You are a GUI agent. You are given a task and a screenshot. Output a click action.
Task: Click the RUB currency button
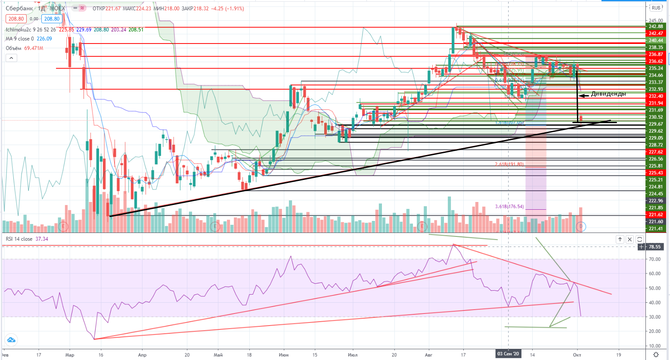point(656,8)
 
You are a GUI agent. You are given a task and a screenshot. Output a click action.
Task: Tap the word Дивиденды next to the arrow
point(608,94)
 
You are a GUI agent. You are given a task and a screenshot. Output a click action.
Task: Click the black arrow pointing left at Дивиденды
point(584,95)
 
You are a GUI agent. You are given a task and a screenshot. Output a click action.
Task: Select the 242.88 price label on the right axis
point(656,26)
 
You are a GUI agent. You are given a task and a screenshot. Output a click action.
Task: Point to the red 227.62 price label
point(656,152)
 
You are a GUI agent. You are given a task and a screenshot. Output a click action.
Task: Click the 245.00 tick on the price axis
point(655,21)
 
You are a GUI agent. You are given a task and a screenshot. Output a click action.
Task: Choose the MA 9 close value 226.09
point(44,39)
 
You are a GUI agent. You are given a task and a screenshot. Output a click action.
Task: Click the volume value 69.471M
point(34,48)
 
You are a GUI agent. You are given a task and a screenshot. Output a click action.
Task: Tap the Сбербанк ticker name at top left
point(19,9)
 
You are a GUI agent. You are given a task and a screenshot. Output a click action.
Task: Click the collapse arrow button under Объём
point(11,58)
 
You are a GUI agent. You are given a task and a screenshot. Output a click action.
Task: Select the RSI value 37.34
point(42,239)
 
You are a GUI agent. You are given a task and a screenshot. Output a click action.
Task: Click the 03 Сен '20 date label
point(508,354)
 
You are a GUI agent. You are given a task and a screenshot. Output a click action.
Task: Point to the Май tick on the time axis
point(218,355)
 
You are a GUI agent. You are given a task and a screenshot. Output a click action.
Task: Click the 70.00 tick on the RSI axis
point(654,259)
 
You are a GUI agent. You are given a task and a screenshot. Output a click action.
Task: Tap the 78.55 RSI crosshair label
point(654,247)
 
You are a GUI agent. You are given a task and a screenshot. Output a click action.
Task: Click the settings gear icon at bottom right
point(656,354)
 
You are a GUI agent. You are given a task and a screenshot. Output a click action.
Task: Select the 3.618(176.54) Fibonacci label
point(509,207)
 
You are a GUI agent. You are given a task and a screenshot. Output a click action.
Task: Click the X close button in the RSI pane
point(630,239)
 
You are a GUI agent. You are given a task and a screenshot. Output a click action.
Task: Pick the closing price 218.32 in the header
point(201,9)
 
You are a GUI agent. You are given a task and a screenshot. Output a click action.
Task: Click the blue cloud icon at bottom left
point(11,340)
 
